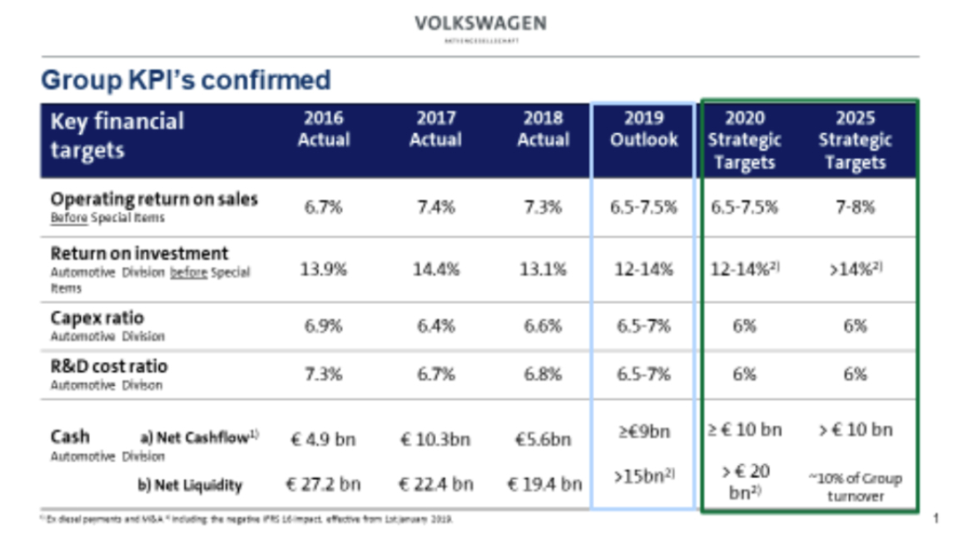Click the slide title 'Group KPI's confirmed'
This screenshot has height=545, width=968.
click(x=186, y=80)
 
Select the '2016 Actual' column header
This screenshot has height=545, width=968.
click(x=324, y=129)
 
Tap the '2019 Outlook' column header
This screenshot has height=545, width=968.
click(x=643, y=129)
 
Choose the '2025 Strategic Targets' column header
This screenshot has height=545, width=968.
click(x=854, y=140)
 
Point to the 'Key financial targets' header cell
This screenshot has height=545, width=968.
click(x=117, y=136)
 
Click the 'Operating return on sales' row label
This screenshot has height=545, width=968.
click(x=154, y=200)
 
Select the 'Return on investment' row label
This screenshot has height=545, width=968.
click(x=139, y=253)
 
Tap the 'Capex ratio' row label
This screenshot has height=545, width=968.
click(x=97, y=317)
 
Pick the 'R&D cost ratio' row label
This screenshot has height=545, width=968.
click(x=109, y=366)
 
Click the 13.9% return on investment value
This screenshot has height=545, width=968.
click(x=324, y=270)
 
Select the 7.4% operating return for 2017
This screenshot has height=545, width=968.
click(x=436, y=207)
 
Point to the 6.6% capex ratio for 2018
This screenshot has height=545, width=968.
click(x=544, y=326)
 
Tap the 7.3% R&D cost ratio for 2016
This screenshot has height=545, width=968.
click(x=324, y=374)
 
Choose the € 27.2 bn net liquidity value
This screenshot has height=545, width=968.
click(x=324, y=484)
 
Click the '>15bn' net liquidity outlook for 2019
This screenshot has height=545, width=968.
click(x=643, y=477)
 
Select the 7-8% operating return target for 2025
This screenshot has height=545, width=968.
click(x=854, y=207)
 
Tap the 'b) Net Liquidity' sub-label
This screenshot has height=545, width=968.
click(x=190, y=485)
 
